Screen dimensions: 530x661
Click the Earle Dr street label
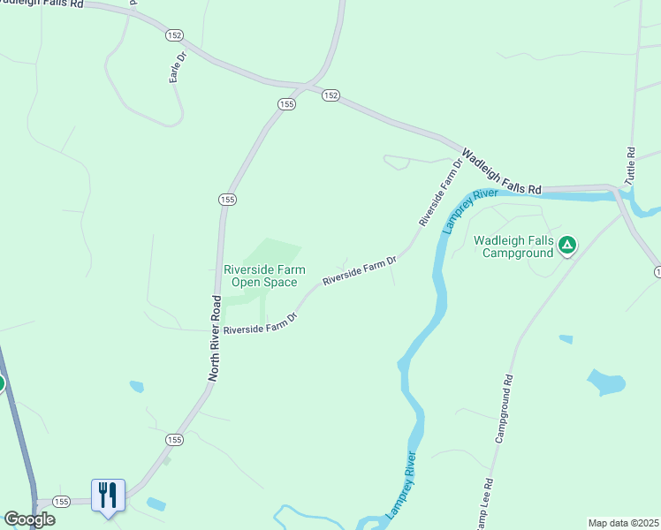[x=179, y=68]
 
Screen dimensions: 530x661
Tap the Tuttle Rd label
[x=630, y=165]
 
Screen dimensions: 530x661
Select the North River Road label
[x=215, y=338]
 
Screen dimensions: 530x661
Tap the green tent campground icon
[x=567, y=245]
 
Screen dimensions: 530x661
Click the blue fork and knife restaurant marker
[x=108, y=496]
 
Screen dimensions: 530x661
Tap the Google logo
[x=29, y=519]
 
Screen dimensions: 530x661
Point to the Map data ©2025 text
[x=623, y=522]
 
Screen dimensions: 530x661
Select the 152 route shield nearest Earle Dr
[x=173, y=34]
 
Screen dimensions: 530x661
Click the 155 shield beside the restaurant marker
[x=61, y=501]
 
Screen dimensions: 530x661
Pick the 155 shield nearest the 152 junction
[x=286, y=103]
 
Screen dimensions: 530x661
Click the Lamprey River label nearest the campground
[x=460, y=211]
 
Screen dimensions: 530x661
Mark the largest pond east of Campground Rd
[x=607, y=383]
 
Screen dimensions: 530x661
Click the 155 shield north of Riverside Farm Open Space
[x=227, y=201]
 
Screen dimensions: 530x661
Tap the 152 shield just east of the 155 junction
[x=330, y=95]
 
